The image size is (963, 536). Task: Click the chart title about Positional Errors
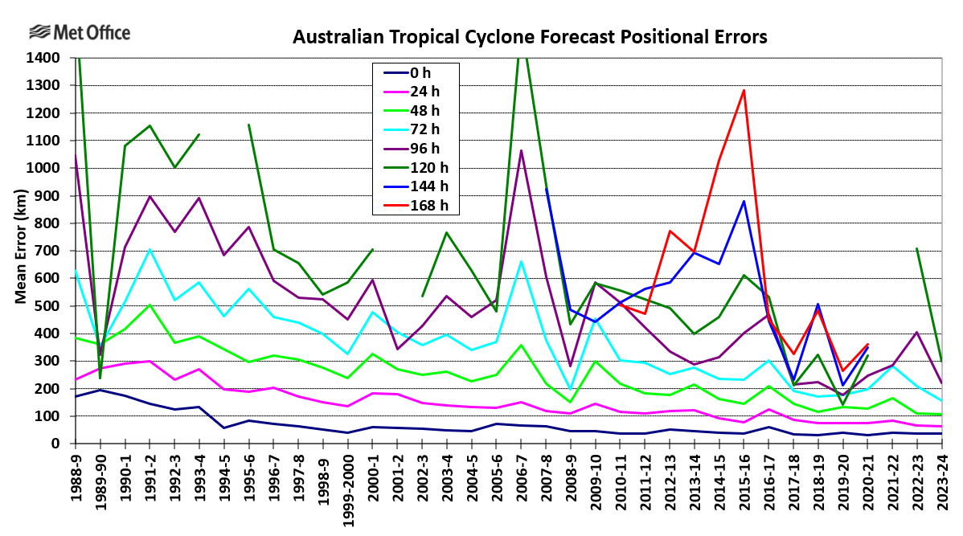pyautogui.click(x=530, y=37)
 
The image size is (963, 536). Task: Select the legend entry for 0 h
pyautogui.click(x=415, y=73)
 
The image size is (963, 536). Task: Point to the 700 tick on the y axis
pyautogui.click(x=47, y=251)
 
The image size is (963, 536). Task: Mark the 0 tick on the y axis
pyautogui.click(x=56, y=444)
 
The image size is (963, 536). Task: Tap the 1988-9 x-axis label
pyautogui.click(x=76, y=477)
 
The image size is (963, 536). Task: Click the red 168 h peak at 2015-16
pyautogui.click(x=744, y=90)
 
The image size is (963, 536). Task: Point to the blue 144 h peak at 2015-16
pyautogui.click(x=744, y=202)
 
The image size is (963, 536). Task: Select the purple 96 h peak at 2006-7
pyautogui.click(x=521, y=150)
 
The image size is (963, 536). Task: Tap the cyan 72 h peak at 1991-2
pyautogui.click(x=150, y=249)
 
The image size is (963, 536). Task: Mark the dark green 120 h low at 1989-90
pyautogui.click(x=100, y=377)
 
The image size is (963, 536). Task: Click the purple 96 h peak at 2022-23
pyautogui.click(x=917, y=332)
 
